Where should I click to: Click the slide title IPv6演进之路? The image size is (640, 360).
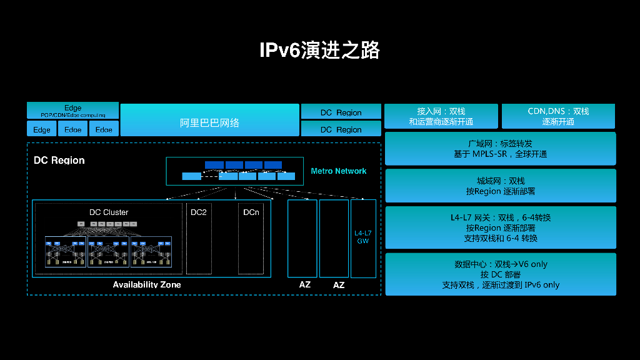(x=319, y=50)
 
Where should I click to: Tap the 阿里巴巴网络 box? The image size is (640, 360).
(x=209, y=120)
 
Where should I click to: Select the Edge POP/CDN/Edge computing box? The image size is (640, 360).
(x=72, y=111)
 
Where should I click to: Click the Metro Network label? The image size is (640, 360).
(x=338, y=171)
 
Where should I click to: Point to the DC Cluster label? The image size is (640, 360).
(x=109, y=212)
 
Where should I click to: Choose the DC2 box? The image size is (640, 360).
(x=199, y=237)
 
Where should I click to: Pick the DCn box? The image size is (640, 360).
(x=251, y=237)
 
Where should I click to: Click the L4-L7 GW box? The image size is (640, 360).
(x=363, y=238)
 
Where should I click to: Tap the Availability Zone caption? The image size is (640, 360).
(x=147, y=285)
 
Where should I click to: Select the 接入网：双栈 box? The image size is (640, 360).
(x=441, y=116)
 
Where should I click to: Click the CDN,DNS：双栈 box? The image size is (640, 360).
(x=558, y=116)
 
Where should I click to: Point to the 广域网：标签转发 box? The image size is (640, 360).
(x=500, y=149)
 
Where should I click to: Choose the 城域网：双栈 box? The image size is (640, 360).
(x=500, y=186)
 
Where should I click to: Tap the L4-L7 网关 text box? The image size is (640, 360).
(x=500, y=227)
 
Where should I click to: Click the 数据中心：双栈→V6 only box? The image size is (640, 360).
(x=500, y=274)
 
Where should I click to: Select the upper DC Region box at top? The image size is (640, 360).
(x=341, y=112)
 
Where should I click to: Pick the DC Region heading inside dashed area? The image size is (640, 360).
(x=59, y=161)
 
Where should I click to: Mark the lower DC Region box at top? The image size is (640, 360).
(x=341, y=129)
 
